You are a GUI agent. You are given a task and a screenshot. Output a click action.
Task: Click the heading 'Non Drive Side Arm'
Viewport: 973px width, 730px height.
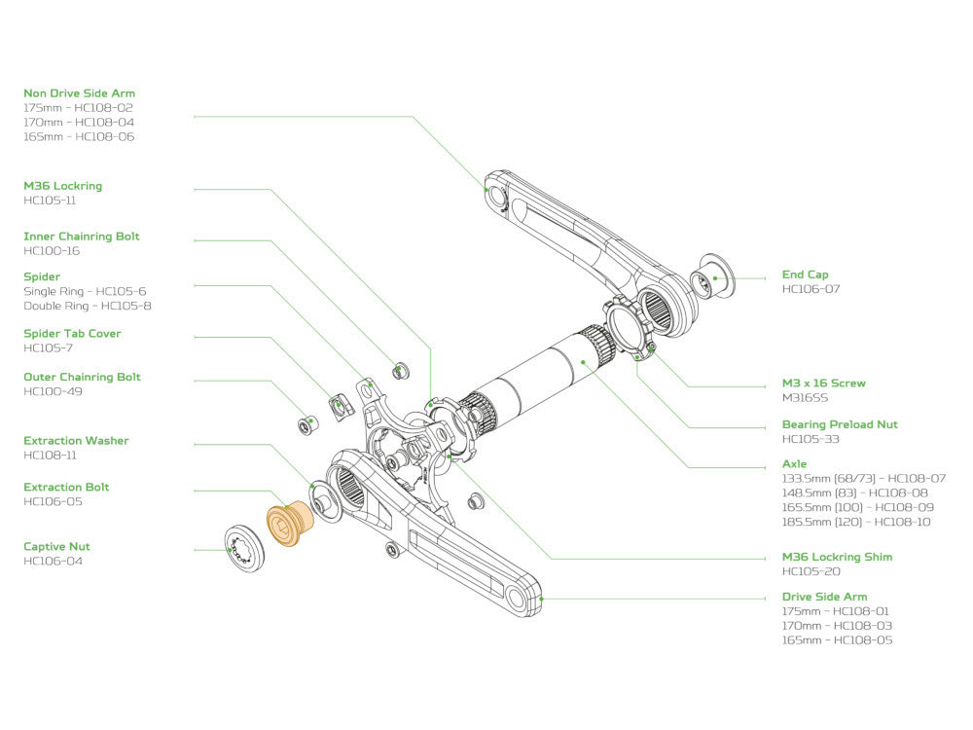79,93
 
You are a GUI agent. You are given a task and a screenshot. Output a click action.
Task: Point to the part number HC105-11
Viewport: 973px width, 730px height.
50,201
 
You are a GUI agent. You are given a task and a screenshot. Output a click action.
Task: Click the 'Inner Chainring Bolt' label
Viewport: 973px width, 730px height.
81,237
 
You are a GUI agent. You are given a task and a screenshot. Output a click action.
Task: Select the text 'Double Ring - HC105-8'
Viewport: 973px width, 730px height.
87,306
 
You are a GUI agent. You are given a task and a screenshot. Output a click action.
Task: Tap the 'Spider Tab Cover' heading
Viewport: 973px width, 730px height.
72,334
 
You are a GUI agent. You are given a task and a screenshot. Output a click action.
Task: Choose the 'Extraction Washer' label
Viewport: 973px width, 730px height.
76,441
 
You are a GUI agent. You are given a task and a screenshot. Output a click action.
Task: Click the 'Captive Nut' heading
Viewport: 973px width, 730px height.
56,547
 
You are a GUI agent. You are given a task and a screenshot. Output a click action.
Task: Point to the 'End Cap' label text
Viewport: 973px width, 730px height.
806,274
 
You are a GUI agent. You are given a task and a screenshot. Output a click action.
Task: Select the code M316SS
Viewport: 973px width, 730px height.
805,397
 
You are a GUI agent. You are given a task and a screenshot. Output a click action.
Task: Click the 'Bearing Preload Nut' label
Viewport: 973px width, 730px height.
840,424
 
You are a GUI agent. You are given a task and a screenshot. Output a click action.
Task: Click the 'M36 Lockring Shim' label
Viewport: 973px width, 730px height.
837,557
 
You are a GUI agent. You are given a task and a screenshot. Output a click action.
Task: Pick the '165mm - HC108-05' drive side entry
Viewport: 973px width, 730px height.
837,639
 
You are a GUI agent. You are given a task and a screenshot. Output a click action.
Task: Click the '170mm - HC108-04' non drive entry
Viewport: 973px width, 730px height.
79,123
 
